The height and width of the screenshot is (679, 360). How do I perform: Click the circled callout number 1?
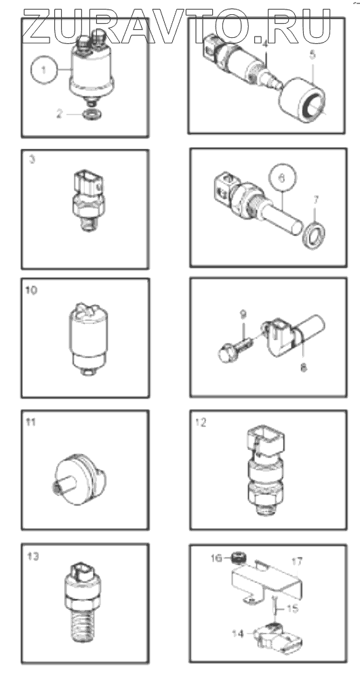tap(44, 70)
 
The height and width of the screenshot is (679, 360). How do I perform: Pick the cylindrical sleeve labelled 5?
tap(302, 100)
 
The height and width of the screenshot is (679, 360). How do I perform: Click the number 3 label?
tap(32, 159)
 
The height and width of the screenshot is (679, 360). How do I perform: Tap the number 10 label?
tap(31, 290)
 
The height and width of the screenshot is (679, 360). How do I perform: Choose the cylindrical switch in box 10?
tap(88, 339)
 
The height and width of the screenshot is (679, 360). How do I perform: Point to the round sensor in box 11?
tap(79, 479)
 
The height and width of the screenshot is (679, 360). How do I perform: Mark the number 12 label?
tap(200, 422)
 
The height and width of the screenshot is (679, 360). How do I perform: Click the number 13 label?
tap(33, 556)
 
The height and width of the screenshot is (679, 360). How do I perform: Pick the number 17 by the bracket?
tap(298, 562)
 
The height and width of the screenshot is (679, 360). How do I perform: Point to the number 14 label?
tap(238, 634)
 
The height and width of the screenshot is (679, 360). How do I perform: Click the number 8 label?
tap(303, 369)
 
